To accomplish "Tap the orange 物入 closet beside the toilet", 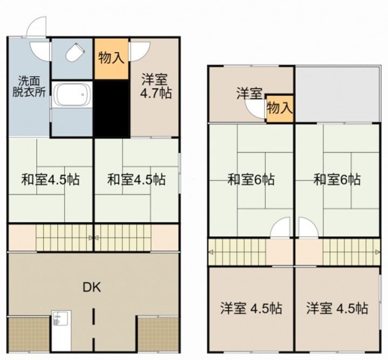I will pos(112,58).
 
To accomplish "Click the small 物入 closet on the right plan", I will pos(280,108).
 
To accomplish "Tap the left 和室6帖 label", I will pos(251,179).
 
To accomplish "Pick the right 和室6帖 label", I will pos(337,179).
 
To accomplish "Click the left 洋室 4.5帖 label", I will pos(251,309).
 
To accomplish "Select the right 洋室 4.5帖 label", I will pos(337,309).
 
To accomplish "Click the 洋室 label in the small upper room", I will pos(249,93).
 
